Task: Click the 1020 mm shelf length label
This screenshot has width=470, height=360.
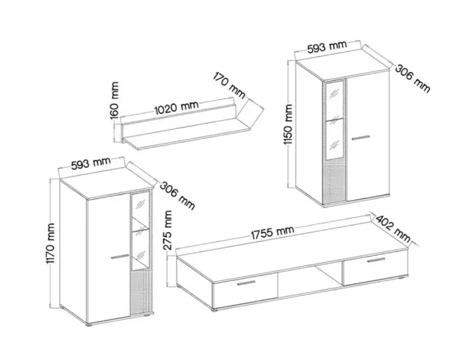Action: [176, 108]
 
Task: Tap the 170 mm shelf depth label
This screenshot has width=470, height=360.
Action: [229, 85]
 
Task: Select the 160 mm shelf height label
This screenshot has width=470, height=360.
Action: [114, 100]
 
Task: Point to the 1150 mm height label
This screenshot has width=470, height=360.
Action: [288, 124]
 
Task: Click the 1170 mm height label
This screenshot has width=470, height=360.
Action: [50, 243]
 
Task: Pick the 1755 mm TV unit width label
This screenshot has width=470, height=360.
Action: [272, 232]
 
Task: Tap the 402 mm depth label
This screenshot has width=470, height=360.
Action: [393, 229]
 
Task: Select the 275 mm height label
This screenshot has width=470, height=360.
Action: [168, 230]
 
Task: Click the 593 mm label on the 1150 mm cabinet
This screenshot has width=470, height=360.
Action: [327, 48]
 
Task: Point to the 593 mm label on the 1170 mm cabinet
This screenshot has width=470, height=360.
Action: [91, 163]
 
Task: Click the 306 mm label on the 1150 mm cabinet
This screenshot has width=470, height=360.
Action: [412, 79]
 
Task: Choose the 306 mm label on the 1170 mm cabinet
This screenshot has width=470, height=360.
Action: [177, 196]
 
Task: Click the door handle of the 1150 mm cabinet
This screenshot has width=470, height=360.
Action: [361, 137]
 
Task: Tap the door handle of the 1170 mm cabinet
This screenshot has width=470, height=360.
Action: [120, 256]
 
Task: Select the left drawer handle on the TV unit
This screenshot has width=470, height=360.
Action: [246, 283]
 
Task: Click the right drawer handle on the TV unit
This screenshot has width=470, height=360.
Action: [377, 260]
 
